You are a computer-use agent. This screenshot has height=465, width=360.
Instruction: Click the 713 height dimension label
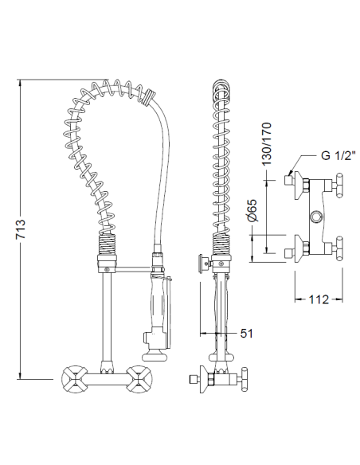[21, 229]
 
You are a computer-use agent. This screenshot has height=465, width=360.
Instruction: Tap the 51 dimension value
[246, 334]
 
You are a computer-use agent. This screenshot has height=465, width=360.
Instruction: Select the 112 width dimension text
[319, 299]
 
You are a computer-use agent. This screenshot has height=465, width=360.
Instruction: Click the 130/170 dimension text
[266, 144]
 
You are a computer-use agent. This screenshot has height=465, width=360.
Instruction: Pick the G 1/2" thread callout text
[338, 155]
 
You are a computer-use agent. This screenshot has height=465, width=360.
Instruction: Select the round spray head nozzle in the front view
[155, 355]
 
